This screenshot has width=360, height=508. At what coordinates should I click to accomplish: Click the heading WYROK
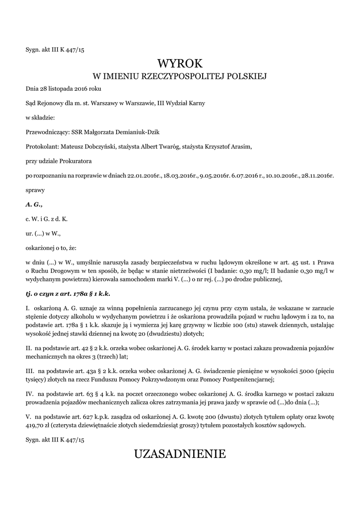(x=180, y=63)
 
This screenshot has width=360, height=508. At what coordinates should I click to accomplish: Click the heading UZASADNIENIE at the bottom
(x=180, y=453)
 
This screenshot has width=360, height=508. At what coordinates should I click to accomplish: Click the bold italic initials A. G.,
(x=34, y=204)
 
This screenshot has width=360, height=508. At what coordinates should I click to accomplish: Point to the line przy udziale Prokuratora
(x=59, y=161)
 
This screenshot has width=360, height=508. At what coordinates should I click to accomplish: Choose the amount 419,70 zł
(x=37, y=425)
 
